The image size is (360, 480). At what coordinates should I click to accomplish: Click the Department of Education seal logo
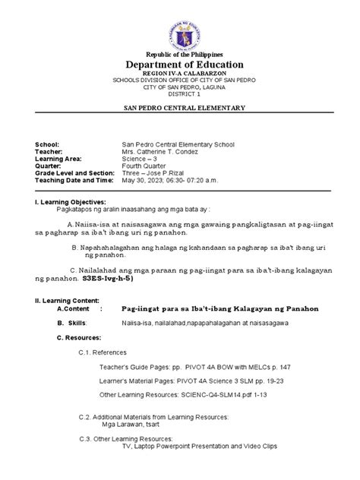pos(180,30)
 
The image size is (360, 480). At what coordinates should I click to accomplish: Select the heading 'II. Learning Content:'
pos(55,302)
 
